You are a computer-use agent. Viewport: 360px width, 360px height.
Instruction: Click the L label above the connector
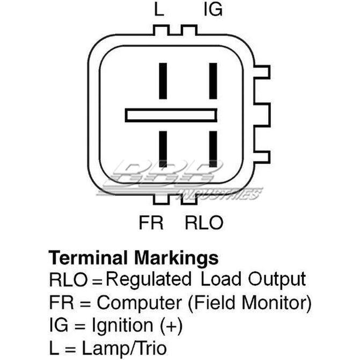coord(159,10)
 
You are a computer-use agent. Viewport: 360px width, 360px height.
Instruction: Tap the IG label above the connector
coord(213,10)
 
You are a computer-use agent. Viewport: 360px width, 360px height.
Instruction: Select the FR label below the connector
coord(151,223)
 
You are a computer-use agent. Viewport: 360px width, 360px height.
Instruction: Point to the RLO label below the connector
coord(204,223)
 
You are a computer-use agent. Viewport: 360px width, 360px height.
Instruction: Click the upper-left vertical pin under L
coord(163,81)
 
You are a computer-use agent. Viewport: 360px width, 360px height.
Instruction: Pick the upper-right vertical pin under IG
coord(213,81)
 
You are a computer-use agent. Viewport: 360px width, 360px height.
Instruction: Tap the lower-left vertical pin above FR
coord(163,149)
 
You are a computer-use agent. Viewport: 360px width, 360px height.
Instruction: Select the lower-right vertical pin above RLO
coord(213,149)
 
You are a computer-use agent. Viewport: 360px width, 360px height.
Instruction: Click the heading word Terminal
coord(88,258)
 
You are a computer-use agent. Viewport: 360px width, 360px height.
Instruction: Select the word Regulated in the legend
coord(148,279)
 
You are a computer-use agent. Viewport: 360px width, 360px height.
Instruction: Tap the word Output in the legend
coord(277,280)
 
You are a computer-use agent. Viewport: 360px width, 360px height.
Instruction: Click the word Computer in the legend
coord(139,303)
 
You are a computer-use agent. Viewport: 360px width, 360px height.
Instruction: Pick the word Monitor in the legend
coord(275,303)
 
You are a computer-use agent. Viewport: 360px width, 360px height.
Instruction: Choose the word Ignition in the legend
coord(122,326)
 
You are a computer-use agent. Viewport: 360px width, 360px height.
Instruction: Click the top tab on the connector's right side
coord(262,72)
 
